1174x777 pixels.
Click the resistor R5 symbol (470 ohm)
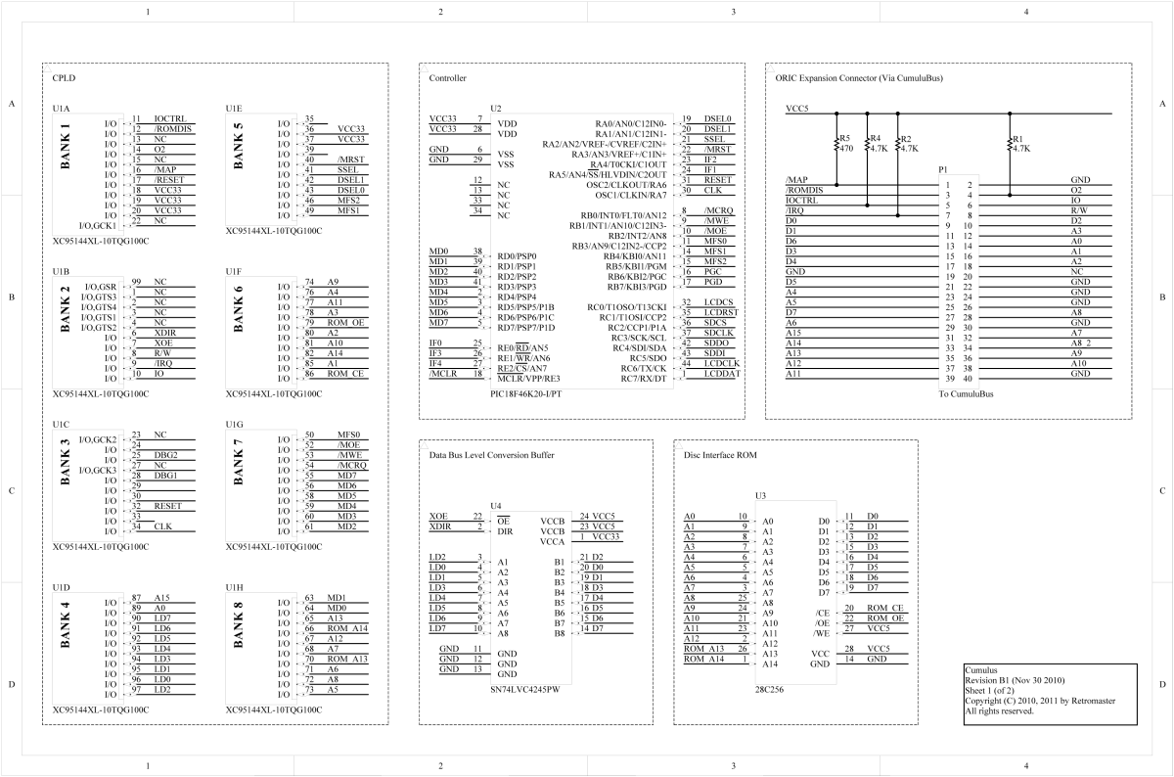[837, 145]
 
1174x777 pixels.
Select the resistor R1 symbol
[1010, 145]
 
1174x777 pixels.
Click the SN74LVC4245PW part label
[525, 689]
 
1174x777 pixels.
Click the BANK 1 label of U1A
[66, 147]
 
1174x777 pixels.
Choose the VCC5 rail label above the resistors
[797, 109]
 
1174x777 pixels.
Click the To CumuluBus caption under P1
[966, 393]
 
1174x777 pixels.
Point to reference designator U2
[495, 107]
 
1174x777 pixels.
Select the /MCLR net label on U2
[442, 374]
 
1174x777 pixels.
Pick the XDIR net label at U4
[442, 526]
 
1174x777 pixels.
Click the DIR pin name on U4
[505, 530]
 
